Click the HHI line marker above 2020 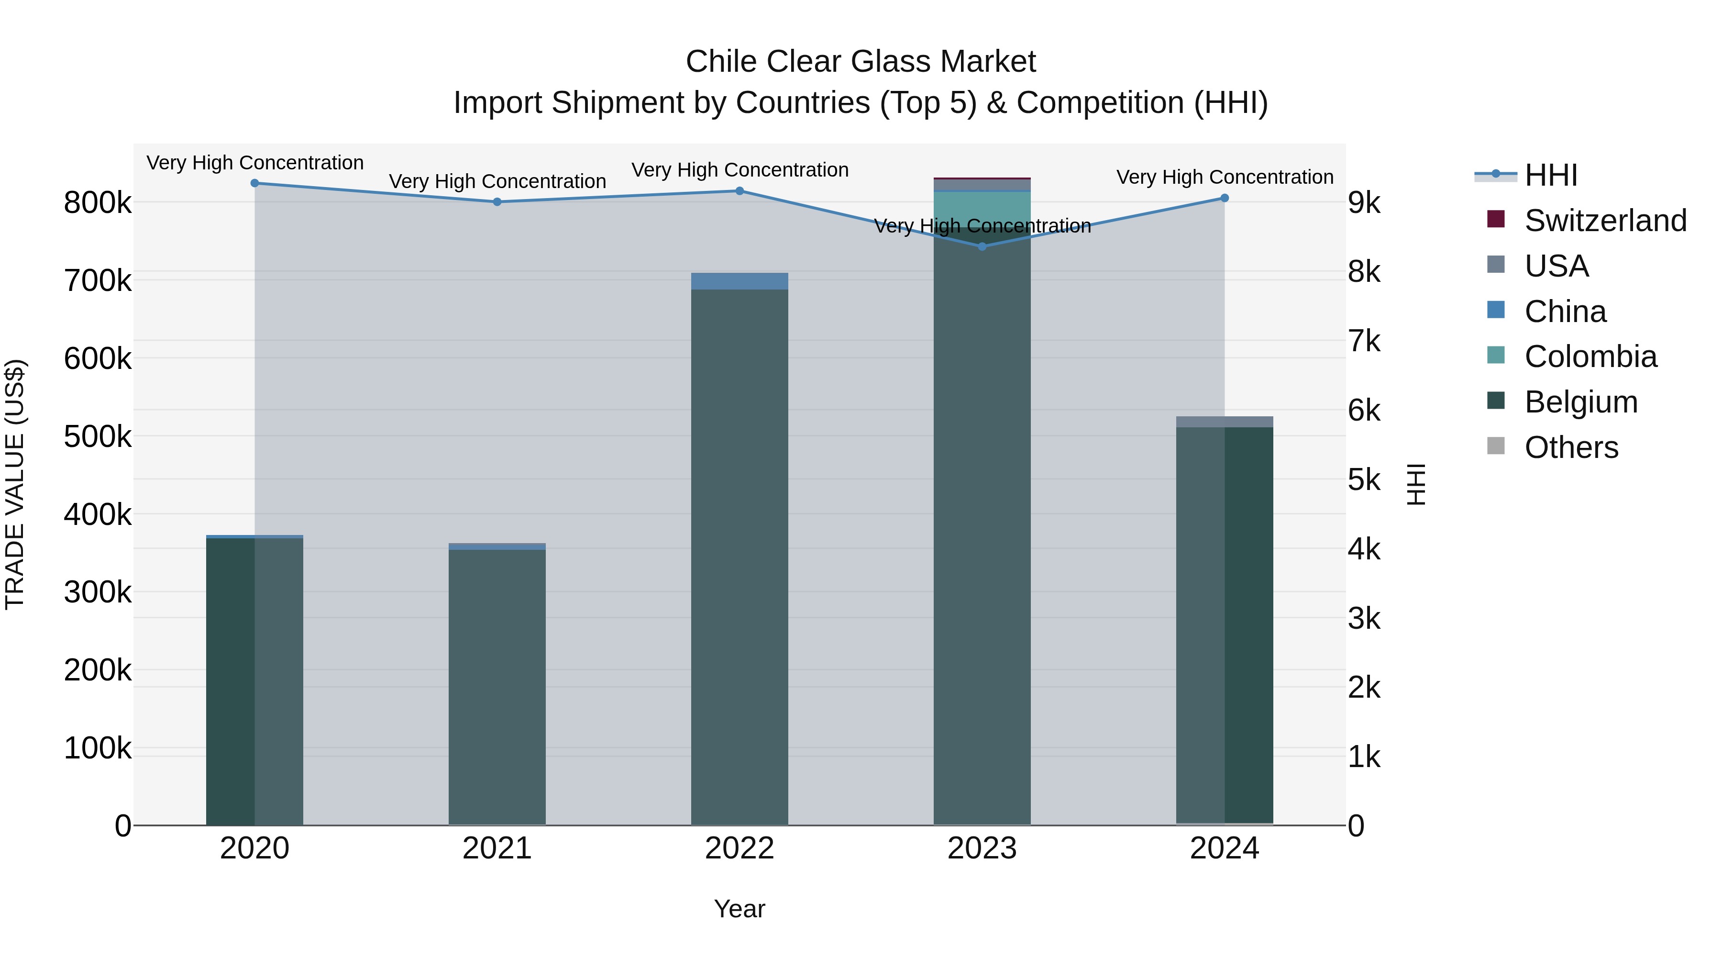click(x=254, y=183)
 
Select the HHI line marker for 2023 click(x=982, y=247)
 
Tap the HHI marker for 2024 click(x=1225, y=198)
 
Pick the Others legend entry click(x=1571, y=447)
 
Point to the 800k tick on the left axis click(x=98, y=202)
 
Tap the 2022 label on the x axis click(x=740, y=848)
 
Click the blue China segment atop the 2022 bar click(x=740, y=281)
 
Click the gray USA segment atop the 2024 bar click(x=1225, y=421)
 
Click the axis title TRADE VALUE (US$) click(x=15, y=484)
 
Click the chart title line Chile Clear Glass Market click(x=861, y=62)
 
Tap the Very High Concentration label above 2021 click(x=497, y=181)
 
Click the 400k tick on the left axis click(x=98, y=515)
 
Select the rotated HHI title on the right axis click(x=1416, y=484)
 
